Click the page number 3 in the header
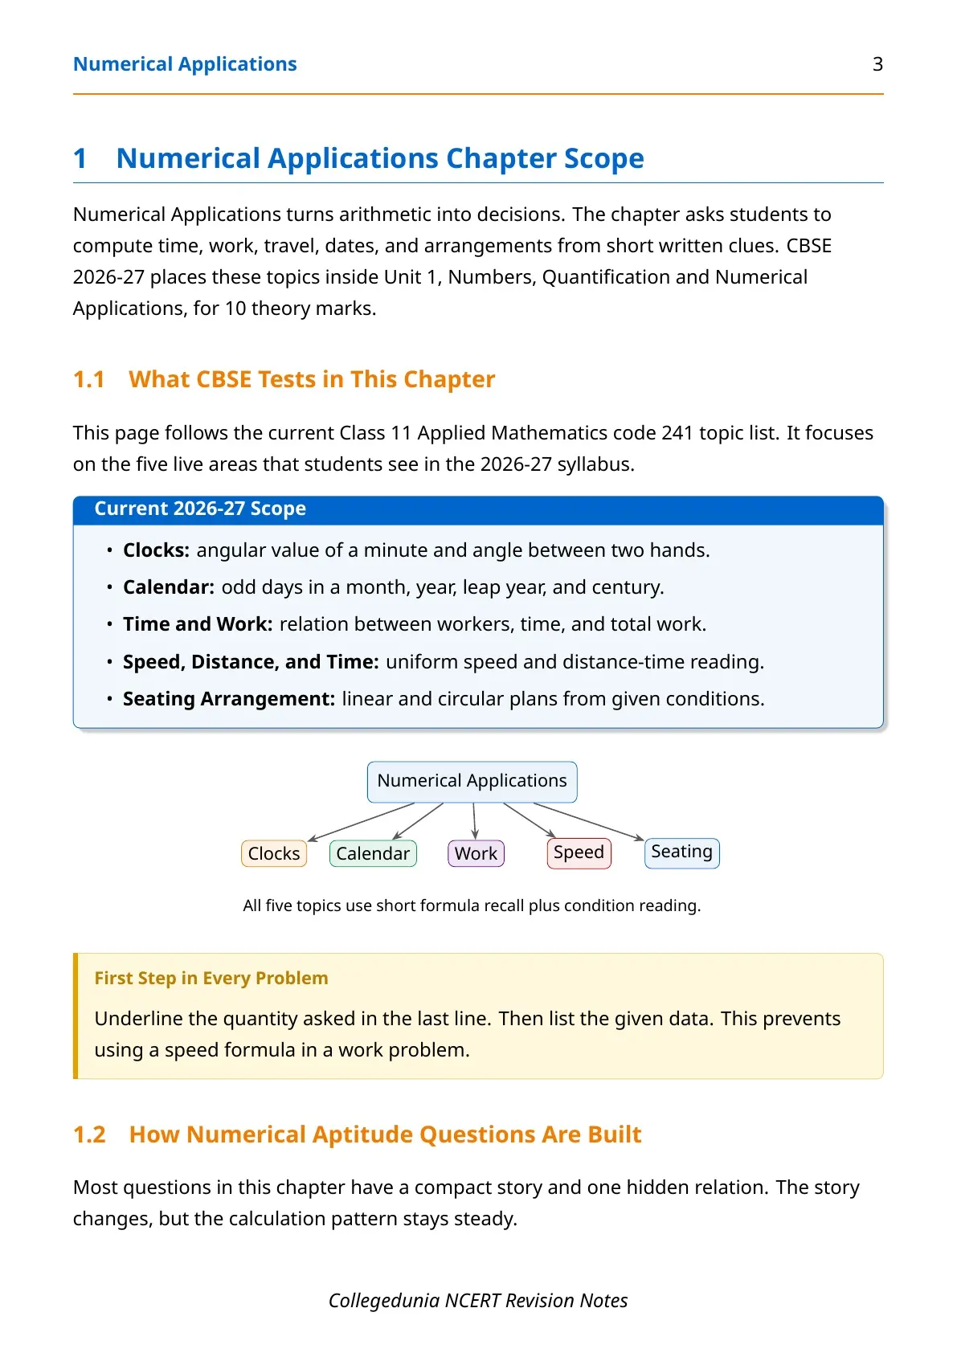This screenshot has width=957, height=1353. click(877, 64)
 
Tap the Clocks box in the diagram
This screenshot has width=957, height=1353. click(274, 853)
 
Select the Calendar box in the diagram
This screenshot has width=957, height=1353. click(373, 853)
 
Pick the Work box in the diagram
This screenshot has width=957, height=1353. click(476, 853)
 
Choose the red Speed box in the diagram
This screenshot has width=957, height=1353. click(579, 853)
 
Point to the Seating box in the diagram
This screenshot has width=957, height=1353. click(681, 853)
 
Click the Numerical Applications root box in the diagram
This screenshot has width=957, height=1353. click(472, 782)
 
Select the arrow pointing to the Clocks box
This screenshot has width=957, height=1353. click(362, 821)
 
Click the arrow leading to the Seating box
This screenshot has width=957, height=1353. click(588, 821)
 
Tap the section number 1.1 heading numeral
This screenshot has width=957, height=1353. click(89, 379)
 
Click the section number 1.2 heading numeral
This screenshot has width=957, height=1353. click(89, 1134)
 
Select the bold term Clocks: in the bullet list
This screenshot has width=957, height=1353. click(156, 550)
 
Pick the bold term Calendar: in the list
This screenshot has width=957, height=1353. click(169, 587)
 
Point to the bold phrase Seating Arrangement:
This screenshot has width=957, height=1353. click(229, 699)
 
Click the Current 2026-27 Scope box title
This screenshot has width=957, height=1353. click(200, 509)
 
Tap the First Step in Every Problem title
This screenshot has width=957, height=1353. click(211, 978)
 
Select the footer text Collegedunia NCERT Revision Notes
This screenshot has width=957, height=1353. click(478, 1301)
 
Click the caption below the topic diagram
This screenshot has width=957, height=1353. click(472, 905)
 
